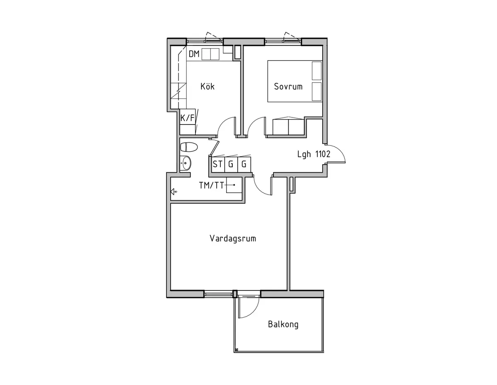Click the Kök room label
207,87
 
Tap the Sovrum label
288,87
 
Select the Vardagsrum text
233,239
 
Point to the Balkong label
283,324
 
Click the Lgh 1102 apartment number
314,154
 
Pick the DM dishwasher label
194,54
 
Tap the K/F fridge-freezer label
187,118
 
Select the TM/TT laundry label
212,185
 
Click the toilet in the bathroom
189,147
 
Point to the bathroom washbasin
186,163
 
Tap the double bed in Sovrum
294,81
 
